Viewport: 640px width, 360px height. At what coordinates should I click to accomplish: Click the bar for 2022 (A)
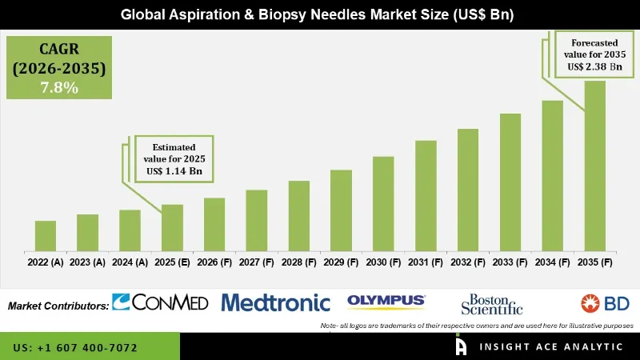[46, 235]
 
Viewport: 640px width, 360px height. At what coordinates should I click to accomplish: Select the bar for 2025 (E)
[172, 227]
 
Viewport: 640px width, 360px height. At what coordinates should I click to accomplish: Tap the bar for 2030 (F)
[383, 203]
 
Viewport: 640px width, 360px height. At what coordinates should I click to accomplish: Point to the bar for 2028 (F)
[298, 215]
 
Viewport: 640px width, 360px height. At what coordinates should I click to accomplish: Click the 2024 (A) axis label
[130, 262]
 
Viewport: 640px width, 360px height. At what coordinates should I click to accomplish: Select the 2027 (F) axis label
[256, 262]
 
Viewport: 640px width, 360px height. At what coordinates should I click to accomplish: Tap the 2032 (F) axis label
[468, 262]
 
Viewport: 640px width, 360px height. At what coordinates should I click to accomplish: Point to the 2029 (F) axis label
[341, 262]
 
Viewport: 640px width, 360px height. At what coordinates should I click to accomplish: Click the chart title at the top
[320, 14]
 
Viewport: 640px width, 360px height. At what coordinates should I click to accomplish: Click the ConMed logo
[160, 302]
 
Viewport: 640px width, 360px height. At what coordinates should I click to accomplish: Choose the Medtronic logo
[275, 302]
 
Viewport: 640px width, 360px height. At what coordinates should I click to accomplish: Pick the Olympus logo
[386, 301]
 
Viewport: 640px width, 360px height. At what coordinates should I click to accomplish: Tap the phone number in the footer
[76, 348]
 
